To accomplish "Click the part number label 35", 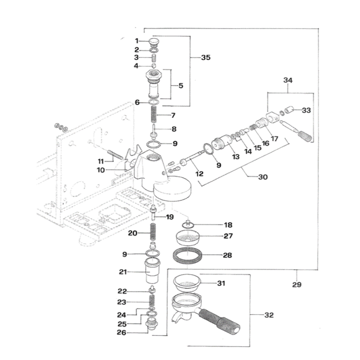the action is click(x=206, y=58).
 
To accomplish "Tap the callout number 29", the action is click(x=297, y=285).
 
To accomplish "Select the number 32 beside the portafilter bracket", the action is click(x=269, y=315).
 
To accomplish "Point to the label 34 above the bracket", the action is click(x=288, y=80).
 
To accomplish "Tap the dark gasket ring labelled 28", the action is click(x=187, y=255).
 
